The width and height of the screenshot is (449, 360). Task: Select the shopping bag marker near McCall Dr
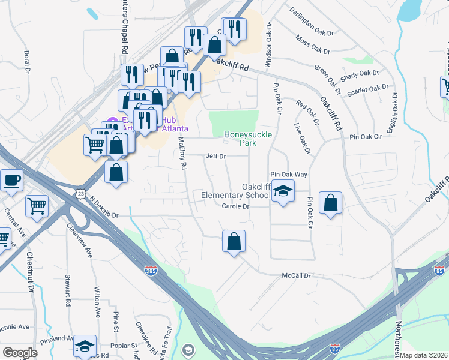coord(234,242)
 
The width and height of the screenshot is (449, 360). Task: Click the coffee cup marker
coord(11,180)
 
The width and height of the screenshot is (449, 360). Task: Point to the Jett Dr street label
coord(215,156)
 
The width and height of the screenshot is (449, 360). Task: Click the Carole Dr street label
coord(235,206)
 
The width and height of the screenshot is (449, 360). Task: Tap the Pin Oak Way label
coord(288,173)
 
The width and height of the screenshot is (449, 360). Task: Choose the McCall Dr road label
coord(297,276)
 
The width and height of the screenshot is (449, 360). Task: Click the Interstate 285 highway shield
coord(151,271)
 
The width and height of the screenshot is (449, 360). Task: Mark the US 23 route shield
coord(81,193)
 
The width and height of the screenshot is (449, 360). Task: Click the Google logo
coord(20,353)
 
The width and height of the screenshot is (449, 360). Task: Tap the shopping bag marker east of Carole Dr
coord(330,203)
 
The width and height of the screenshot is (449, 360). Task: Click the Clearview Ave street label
coord(82,242)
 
